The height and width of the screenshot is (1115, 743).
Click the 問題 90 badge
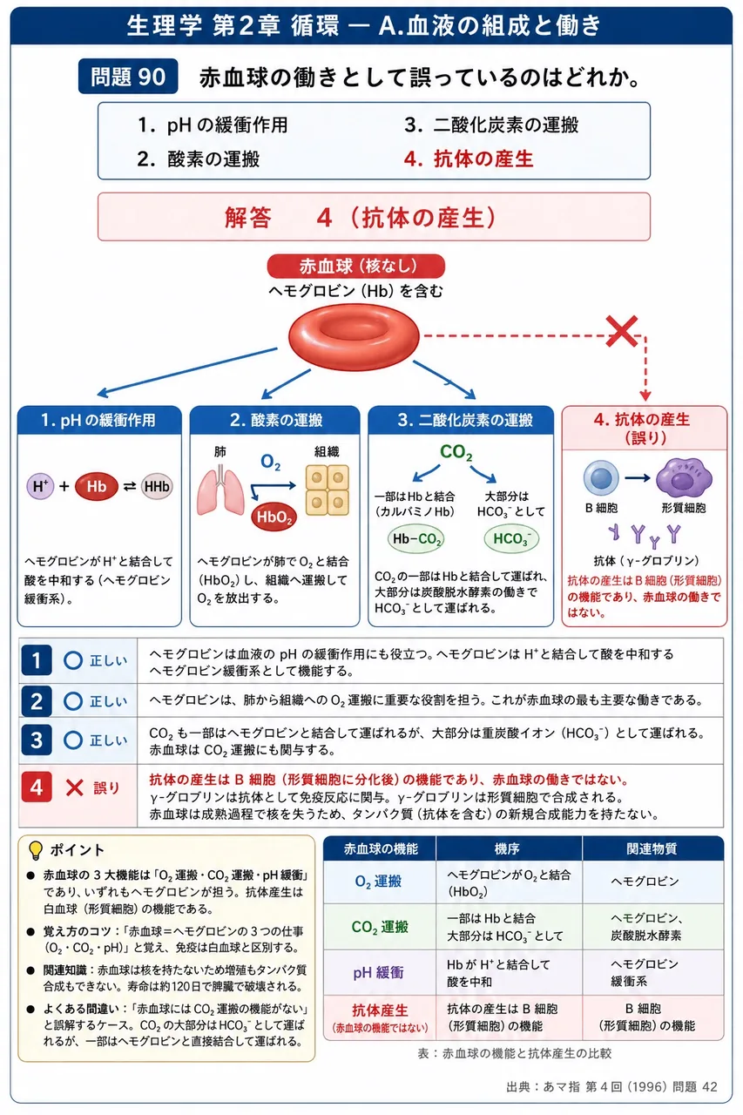128,76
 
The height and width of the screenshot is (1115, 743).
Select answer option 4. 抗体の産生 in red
469,159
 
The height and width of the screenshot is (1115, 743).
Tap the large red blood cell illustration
354,337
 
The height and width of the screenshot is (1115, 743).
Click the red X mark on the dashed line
622,331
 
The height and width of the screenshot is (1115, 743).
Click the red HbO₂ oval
274,517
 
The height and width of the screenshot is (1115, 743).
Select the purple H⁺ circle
40,486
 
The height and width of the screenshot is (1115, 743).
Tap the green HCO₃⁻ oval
511,538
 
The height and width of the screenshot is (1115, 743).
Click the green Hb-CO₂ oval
416,538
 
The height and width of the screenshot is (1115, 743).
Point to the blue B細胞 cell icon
601,478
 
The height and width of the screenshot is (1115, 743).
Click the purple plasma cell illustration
684,476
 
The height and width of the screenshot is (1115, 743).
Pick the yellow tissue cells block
327,490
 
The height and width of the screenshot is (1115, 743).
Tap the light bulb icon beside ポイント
36,850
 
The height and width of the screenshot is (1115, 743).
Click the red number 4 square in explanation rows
37,787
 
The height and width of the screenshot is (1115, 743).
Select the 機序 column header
508,848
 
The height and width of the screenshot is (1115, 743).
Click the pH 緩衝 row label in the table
379,973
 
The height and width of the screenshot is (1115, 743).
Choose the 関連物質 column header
652,848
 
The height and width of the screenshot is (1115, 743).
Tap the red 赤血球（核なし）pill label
356,266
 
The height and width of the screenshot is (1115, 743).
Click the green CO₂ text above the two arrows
456,452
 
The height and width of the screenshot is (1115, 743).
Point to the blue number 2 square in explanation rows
37,701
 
